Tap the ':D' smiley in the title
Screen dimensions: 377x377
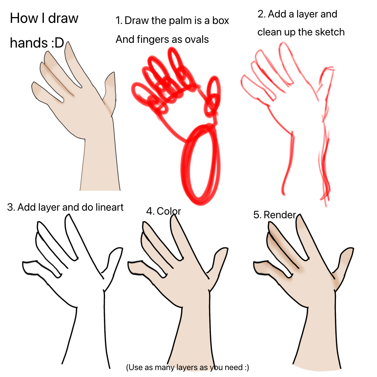pos(57,44)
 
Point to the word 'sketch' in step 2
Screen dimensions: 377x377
pos(328,32)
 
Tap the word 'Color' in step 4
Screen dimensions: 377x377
pos(169,211)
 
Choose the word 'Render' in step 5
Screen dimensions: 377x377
pos(280,215)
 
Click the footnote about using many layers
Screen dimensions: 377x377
pos(187,367)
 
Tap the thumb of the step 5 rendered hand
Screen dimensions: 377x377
pos(343,259)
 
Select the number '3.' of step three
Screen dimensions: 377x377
pos(11,207)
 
